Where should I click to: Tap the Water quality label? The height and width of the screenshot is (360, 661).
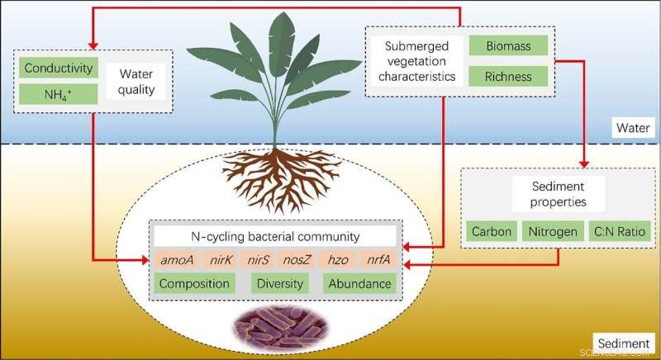(x=136, y=80)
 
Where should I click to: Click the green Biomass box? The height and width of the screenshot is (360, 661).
(x=510, y=45)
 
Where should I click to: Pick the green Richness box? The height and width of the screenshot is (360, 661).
(x=510, y=77)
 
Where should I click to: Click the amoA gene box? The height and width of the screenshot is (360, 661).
(x=178, y=260)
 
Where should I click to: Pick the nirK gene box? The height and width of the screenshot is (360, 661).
(x=220, y=260)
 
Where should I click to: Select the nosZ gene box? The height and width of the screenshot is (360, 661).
(x=295, y=260)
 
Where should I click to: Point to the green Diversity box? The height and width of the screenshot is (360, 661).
(x=280, y=283)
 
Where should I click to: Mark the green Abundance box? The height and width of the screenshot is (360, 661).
(x=359, y=283)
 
